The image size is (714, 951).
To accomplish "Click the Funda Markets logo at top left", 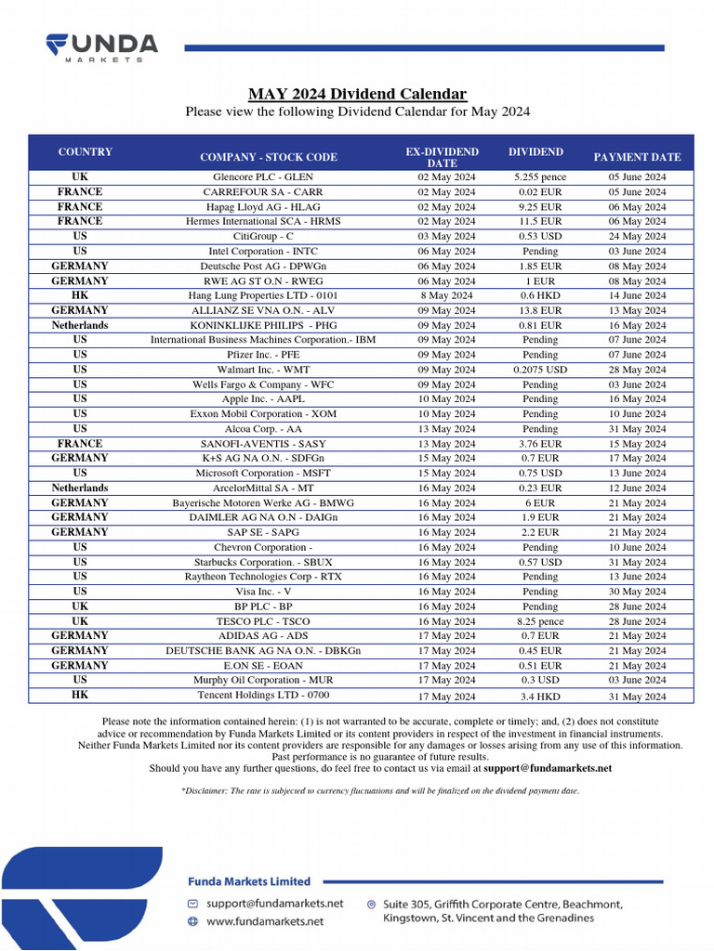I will [x=102, y=46].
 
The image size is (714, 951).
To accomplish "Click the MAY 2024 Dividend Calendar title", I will [x=357, y=94].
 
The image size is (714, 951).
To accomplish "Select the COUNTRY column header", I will [x=85, y=152].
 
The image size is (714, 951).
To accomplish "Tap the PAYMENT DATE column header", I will [x=637, y=157].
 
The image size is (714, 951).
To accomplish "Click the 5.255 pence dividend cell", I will [x=539, y=177].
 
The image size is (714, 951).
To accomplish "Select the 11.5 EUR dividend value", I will [x=539, y=222].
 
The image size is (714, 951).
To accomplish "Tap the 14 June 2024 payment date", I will [x=637, y=295].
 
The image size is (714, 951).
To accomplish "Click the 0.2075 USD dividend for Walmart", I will [x=539, y=370].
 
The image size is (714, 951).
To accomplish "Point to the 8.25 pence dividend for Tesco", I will [x=539, y=621].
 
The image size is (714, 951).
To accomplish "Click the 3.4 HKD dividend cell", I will [x=539, y=696].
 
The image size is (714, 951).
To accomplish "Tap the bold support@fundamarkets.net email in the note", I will [x=548, y=769].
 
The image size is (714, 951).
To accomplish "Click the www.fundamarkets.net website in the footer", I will [x=265, y=921].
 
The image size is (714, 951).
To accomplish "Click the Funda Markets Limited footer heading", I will [x=249, y=881].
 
